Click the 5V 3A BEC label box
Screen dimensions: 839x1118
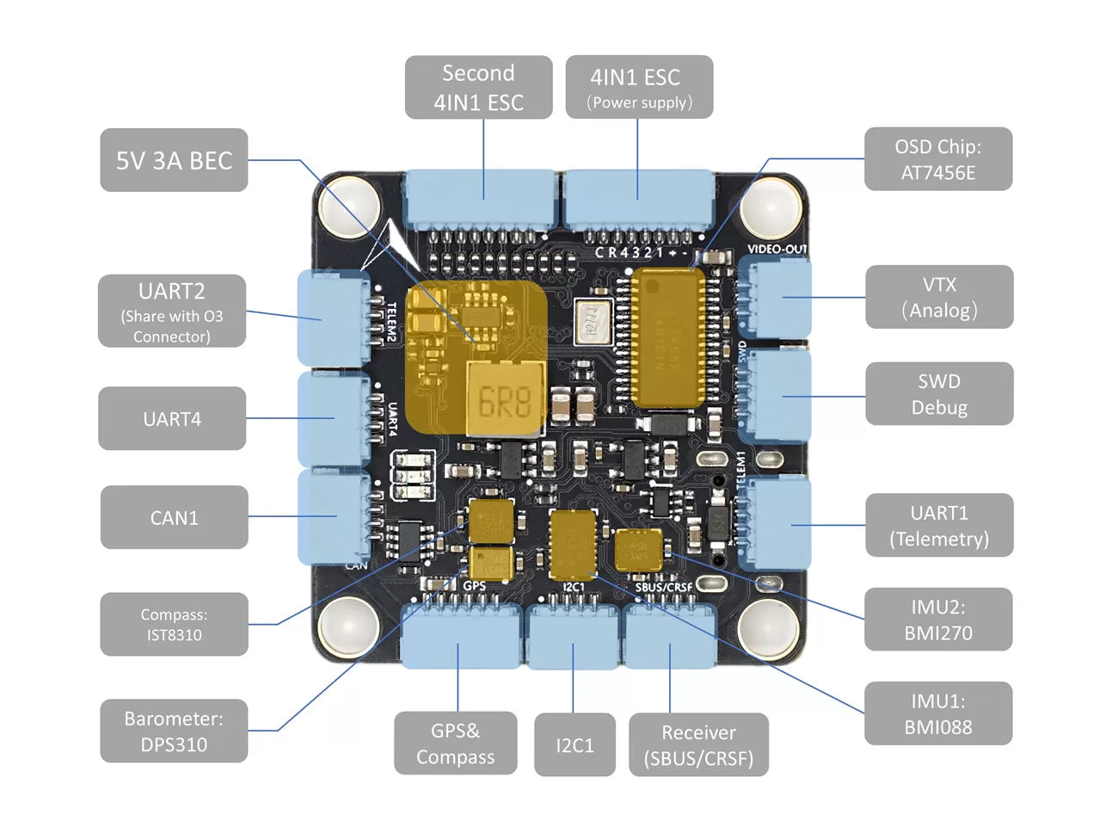[174, 160]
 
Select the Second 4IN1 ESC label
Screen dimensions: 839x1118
[478, 87]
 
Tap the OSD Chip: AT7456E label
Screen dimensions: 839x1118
[937, 159]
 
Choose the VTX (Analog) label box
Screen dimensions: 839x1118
[939, 297]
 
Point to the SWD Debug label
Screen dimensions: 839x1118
[939, 394]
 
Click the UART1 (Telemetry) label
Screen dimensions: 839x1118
[939, 526]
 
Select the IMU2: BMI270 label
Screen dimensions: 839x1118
[937, 620]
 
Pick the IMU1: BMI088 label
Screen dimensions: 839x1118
[937, 713]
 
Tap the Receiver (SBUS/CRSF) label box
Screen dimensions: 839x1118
[698, 744]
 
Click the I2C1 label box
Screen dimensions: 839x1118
[574, 745]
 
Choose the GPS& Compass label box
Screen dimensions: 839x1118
[456, 743]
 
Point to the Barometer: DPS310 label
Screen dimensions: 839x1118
[174, 731]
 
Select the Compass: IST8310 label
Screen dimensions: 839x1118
[174, 625]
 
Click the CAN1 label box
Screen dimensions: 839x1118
[174, 517]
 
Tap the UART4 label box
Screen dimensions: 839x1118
[172, 419]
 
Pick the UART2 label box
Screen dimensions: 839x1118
[172, 312]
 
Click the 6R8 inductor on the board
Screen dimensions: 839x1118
[505, 400]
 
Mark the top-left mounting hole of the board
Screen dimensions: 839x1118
[349, 207]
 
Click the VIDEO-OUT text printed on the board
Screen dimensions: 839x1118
[777, 249]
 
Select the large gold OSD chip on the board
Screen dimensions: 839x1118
[667, 338]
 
